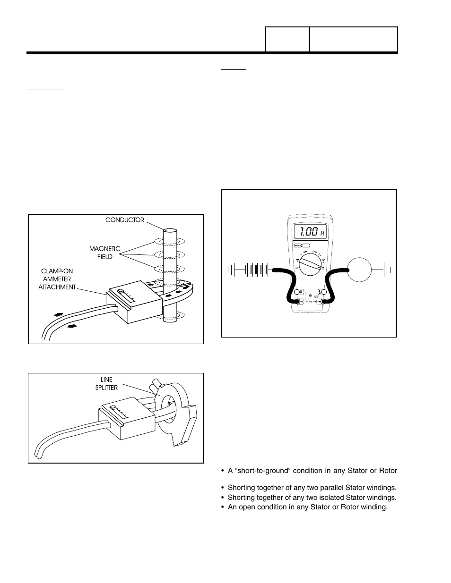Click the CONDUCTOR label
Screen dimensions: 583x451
[x=124, y=220]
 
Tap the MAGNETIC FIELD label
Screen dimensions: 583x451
[x=105, y=253]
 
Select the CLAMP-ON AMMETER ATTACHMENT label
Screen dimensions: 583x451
[x=57, y=279]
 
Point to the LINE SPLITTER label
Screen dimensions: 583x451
[x=106, y=384]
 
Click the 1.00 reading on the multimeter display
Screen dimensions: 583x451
[x=306, y=232]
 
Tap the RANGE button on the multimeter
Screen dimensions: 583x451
[x=298, y=245]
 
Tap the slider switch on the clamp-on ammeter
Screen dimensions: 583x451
[x=121, y=292]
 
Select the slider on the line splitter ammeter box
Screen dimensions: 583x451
[x=113, y=407]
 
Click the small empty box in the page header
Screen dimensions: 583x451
[x=287, y=40]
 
